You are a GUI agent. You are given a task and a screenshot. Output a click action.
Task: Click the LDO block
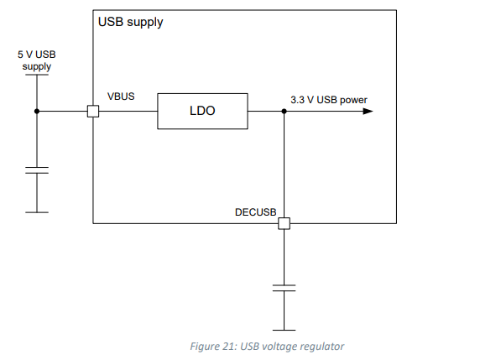tap(202, 111)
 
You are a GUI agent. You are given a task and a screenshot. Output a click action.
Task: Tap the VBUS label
tap(121, 97)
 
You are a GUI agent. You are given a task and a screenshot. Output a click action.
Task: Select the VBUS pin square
tap(93, 111)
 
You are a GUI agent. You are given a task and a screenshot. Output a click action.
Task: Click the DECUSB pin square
tap(284, 223)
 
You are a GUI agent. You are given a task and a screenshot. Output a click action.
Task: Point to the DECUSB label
tap(256, 212)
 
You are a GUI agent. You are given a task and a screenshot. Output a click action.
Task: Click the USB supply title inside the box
tap(130, 22)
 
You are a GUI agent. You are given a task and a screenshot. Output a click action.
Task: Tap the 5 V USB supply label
tap(37, 60)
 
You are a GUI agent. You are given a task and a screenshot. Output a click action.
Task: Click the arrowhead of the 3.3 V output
tap(368, 111)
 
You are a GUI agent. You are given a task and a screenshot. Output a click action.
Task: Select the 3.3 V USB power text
tap(329, 100)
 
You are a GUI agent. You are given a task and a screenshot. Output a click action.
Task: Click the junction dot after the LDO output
tap(284, 111)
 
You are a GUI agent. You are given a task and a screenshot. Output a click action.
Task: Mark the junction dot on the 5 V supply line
tap(37, 111)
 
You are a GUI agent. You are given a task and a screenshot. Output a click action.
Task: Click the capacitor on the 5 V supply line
tap(37, 170)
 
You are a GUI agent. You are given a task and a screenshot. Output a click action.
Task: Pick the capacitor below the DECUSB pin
tap(284, 288)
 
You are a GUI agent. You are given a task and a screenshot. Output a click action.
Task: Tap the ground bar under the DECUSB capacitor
tap(284, 330)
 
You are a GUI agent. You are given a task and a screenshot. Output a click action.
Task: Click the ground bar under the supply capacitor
tap(37, 212)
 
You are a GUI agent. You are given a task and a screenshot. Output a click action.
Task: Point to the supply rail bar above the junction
tap(37, 75)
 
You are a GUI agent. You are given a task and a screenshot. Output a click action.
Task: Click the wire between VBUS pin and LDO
tap(128, 111)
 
